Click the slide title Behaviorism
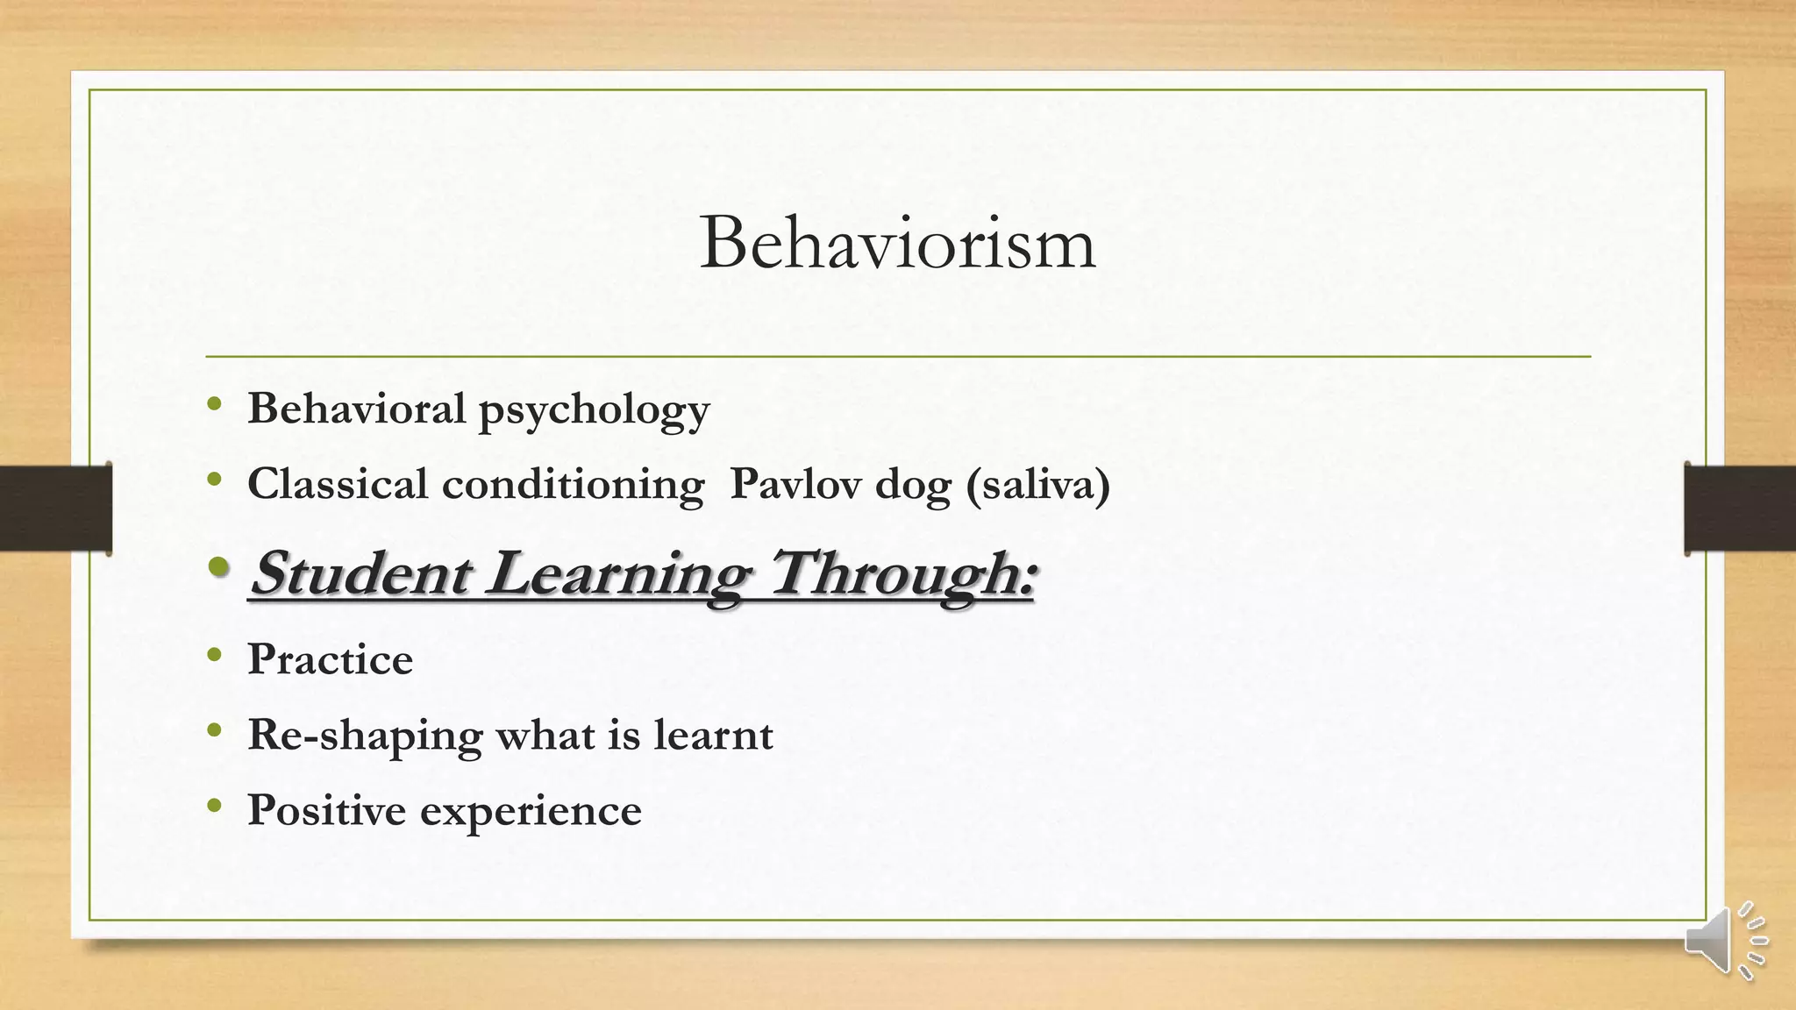pos(897,244)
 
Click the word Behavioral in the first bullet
pos(356,409)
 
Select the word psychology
pos(594,410)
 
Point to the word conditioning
pos(573,486)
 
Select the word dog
pos(913,486)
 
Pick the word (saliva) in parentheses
pos(1037,485)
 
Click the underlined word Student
pos(360,573)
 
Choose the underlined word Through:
pos(903,575)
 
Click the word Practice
pos(330,659)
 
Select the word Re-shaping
pos(365,736)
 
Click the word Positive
pos(325,810)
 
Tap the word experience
pos(531,812)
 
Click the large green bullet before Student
pos(220,568)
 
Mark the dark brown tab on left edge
pos(55,509)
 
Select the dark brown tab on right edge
pos(1740,509)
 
